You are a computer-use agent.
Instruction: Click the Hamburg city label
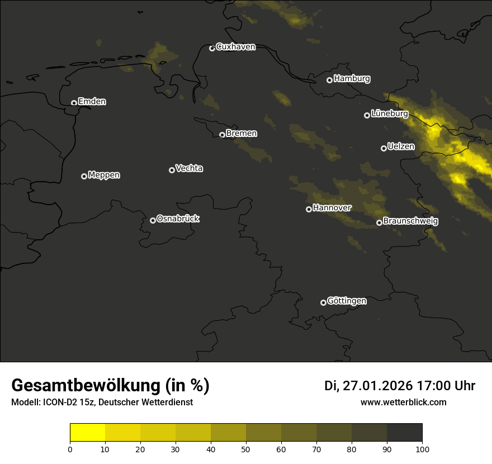coord(352,79)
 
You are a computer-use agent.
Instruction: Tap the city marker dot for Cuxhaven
coord(212,48)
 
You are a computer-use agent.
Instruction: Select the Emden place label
coord(92,102)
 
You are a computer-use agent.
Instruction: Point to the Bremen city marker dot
coord(222,135)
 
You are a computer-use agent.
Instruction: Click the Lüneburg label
coord(389,114)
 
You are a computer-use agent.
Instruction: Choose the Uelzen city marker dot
coord(384,148)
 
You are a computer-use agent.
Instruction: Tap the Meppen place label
coord(104,176)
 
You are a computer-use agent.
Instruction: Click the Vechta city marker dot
coord(172,170)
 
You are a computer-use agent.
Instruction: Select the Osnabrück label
coord(178,219)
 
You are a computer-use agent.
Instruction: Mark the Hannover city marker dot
coord(309,209)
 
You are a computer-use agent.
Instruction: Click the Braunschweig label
coord(410,221)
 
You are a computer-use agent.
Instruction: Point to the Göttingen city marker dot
coord(323,302)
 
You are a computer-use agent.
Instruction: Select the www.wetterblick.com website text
coord(403,403)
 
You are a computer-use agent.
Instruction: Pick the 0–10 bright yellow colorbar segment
coord(88,433)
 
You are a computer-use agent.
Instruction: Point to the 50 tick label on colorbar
coord(246,448)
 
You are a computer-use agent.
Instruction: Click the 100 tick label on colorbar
coord(422,448)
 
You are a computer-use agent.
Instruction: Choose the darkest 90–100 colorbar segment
coord(404,433)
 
